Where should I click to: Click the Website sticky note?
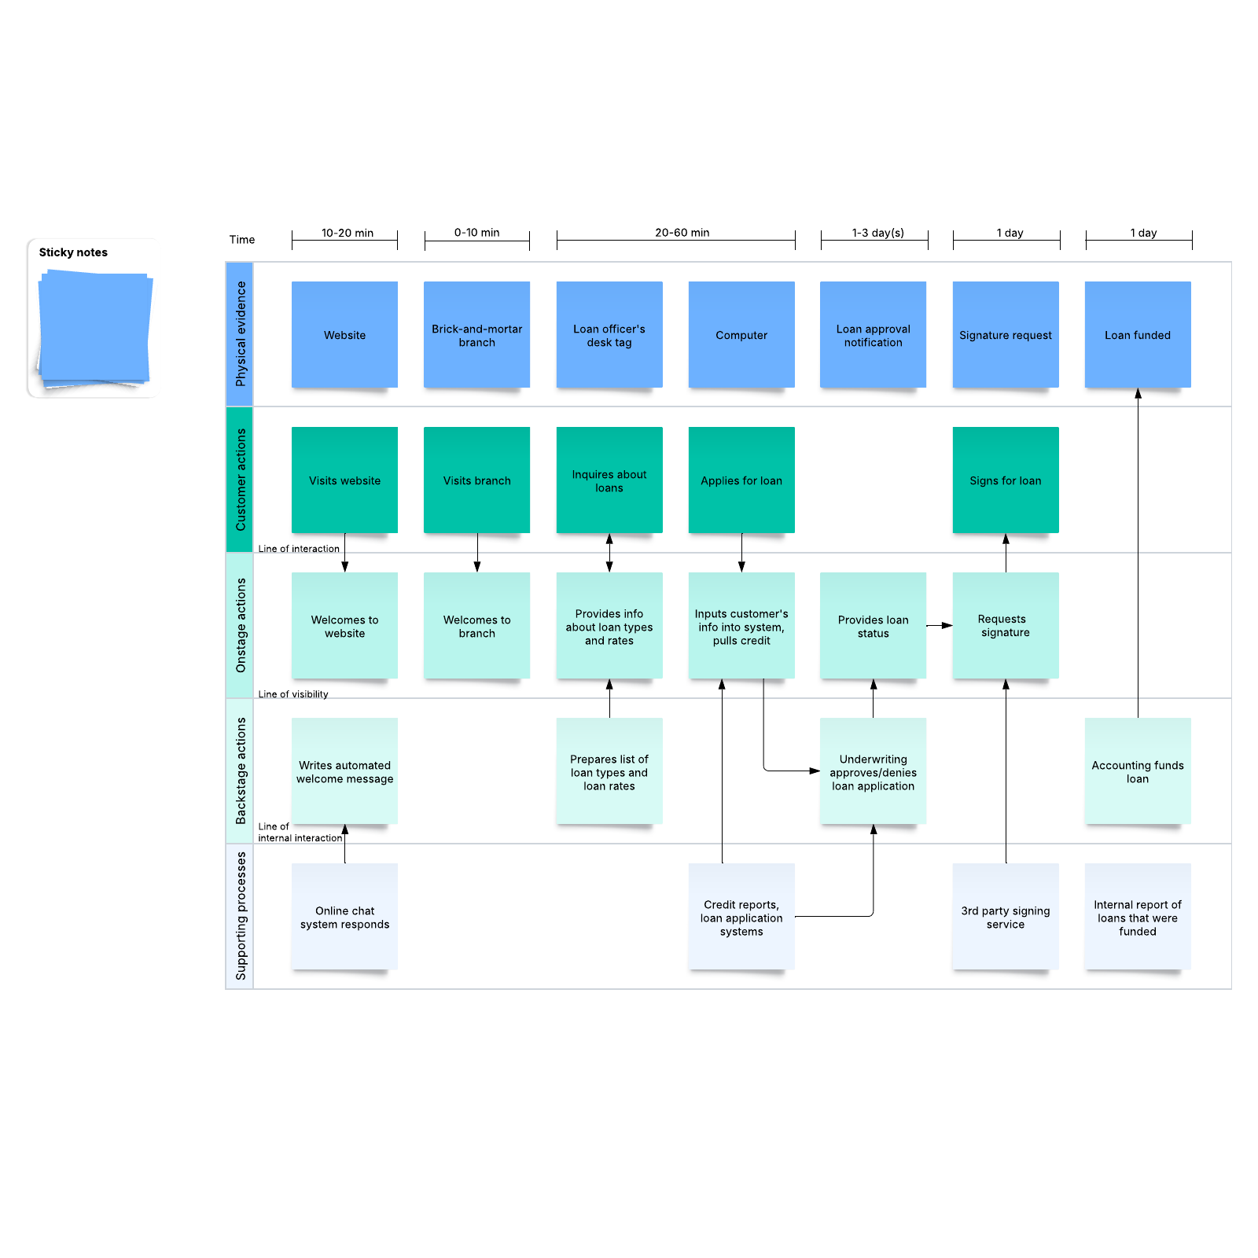click(344, 335)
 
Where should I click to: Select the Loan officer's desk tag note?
click(609, 335)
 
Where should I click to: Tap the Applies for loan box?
click(741, 480)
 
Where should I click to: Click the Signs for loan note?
click(1005, 480)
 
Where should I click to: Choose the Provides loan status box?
click(873, 626)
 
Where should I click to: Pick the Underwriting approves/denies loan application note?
click(873, 771)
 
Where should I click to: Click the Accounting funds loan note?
click(1137, 771)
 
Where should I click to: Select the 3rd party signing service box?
click(1005, 917)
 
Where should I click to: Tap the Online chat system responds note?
click(344, 917)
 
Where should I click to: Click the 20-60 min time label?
click(682, 233)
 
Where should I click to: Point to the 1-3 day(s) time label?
click(877, 233)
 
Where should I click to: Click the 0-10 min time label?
click(476, 233)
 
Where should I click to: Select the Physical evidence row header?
click(240, 334)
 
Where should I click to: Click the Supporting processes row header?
click(240, 916)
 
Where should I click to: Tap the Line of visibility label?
click(293, 694)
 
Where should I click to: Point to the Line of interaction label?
click(299, 549)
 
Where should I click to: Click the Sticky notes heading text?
click(73, 252)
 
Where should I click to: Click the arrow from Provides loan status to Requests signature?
click(939, 626)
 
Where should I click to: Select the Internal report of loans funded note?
click(1137, 917)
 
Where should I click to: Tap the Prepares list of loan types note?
click(609, 771)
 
